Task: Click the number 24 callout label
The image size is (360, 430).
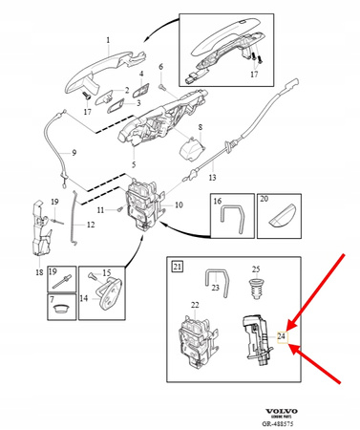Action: point(282,336)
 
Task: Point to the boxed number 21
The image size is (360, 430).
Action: point(176,263)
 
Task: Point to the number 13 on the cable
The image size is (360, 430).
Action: point(213,177)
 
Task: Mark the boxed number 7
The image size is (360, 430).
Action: point(54,299)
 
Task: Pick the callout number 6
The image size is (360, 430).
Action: point(161,67)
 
